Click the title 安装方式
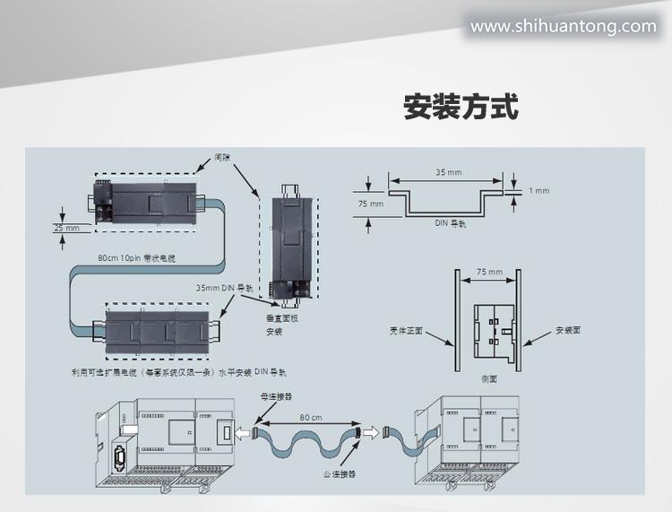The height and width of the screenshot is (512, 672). tap(461, 108)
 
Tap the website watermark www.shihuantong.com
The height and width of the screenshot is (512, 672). tap(563, 26)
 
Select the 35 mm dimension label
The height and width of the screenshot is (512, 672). tap(448, 171)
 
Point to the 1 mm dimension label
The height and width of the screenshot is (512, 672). tap(538, 191)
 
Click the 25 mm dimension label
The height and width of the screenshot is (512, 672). tap(66, 229)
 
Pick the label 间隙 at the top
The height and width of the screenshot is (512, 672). tap(223, 157)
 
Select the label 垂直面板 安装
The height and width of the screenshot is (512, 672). tap(281, 325)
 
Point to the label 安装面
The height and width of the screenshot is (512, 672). tap(568, 329)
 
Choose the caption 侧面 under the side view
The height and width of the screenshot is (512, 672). tap(488, 379)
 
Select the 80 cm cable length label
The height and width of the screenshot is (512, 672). tap(310, 417)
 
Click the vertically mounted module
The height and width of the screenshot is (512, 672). tap(288, 241)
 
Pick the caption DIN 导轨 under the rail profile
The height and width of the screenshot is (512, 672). tap(451, 222)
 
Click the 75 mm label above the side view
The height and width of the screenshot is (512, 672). tap(488, 271)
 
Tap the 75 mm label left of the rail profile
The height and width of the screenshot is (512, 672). tap(369, 204)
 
